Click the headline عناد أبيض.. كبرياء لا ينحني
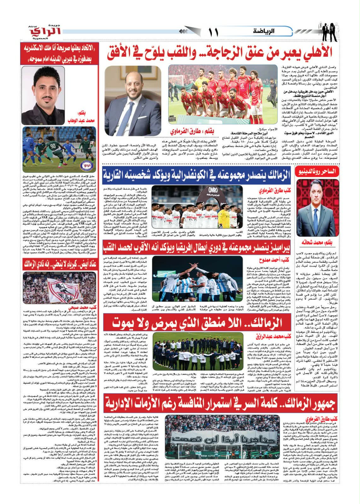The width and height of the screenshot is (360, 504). coord(59,264)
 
